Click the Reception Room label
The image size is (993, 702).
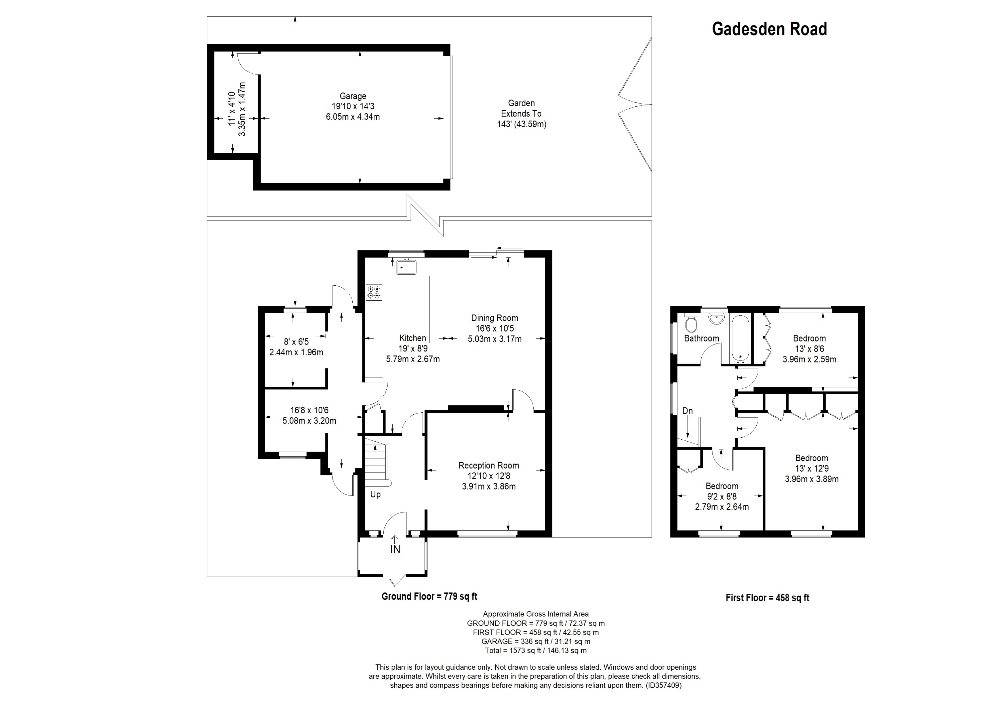(488, 465)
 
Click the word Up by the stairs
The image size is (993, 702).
(375, 494)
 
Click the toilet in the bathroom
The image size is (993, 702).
(691, 323)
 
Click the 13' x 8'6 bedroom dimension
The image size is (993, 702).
(809, 349)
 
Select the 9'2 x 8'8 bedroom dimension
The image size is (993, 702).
(721, 496)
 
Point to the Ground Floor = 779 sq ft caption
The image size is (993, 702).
(429, 596)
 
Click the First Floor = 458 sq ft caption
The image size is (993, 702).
(767, 598)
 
